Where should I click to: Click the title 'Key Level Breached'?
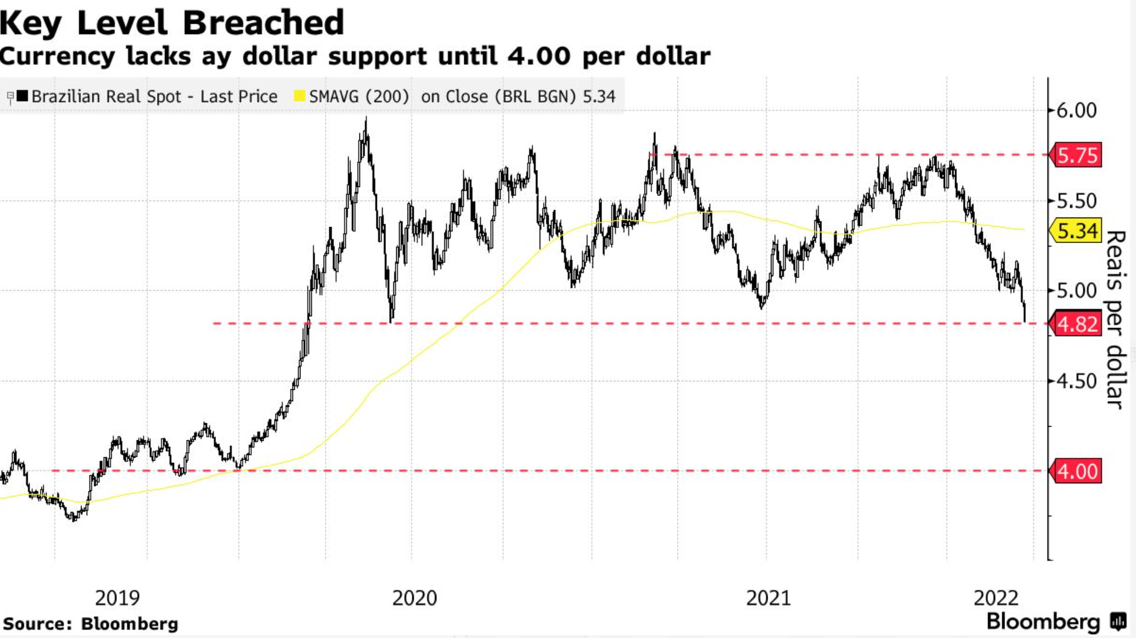[172, 23]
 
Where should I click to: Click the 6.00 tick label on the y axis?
[1076, 110]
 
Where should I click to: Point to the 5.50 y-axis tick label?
[1076, 201]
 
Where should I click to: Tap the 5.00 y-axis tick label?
[1076, 291]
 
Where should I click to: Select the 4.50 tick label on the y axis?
[1076, 381]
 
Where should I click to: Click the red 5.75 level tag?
[1077, 155]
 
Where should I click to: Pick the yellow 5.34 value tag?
[1077, 231]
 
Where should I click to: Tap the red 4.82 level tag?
[1077, 324]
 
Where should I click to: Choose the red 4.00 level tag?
[1077, 471]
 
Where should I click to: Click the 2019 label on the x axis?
[117, 598]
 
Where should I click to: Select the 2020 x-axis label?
[414, 598]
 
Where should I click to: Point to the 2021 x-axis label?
[768, 598]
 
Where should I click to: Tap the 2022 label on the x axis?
[996, 598]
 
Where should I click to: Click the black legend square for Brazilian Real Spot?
[22, 96]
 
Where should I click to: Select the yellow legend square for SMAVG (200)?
[299, 96]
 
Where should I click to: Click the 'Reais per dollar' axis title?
[1116, 319]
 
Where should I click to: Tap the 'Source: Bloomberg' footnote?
[91, 624]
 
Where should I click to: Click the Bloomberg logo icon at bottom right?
[1118, 622]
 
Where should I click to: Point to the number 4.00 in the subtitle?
[539, 56]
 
